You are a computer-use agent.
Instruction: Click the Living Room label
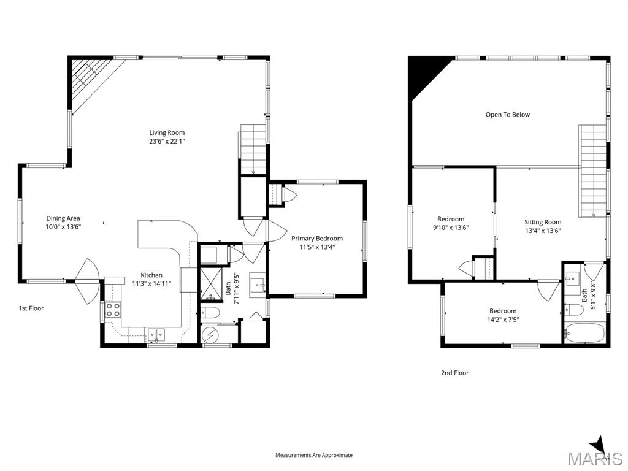pos(167,132)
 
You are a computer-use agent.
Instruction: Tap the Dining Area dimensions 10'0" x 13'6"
pos(64,226)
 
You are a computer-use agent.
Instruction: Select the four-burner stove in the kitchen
pos(112,309)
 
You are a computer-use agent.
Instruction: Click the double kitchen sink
pos(155,334)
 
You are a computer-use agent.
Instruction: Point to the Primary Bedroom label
pos(317,239)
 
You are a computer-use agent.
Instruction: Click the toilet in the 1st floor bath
pos(211,313)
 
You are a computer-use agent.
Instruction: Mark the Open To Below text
pos(507,115)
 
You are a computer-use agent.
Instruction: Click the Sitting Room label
pos(543,222)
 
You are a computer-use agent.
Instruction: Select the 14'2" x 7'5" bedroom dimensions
pos(502,320)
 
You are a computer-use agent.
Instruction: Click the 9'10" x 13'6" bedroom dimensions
pos(451,228)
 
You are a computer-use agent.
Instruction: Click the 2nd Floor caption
pos(454,373)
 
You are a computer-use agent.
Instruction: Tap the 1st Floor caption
pos(31,308)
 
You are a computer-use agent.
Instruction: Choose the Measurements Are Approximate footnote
pos(314,455)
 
